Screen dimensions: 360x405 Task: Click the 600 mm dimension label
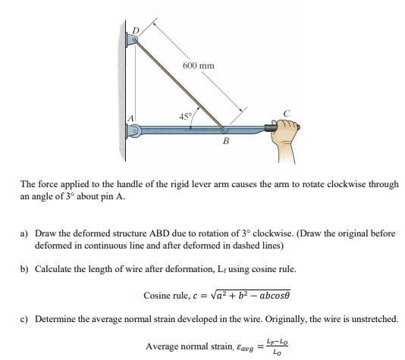199,66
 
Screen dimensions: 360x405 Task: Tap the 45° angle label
185,116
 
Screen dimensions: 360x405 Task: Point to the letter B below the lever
226,141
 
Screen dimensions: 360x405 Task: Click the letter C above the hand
286,114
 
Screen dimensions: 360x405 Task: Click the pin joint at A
136,130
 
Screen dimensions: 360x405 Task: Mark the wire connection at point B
224,130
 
